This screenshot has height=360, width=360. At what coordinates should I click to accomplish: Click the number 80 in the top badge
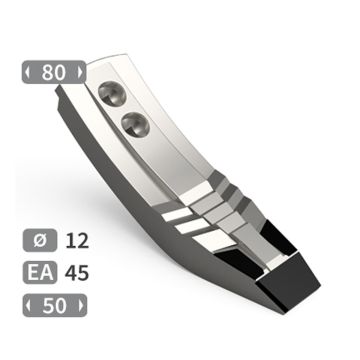pos(53,73)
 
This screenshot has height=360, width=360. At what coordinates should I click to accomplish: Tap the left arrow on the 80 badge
pos(29,73)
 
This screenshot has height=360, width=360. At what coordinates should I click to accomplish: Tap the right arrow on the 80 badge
pos(77,73)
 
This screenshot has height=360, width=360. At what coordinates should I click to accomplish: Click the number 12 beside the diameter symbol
pos(76,242)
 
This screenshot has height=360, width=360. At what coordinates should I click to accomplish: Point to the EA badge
pos(40,272)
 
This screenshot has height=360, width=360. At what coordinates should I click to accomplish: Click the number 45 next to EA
pos(76,272)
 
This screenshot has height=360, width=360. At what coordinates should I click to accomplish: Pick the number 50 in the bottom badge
pos(53,302)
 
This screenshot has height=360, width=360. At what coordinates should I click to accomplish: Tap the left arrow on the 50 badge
pos(29,302)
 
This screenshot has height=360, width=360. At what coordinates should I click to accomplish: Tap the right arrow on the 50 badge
pos(77,302)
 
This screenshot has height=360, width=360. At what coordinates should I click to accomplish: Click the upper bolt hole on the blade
pos(110,93)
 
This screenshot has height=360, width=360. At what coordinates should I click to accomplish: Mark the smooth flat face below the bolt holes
pos(170,150)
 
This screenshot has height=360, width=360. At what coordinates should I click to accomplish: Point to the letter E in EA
pos(34,272)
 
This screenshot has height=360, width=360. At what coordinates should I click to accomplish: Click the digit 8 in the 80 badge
pos(47,73)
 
